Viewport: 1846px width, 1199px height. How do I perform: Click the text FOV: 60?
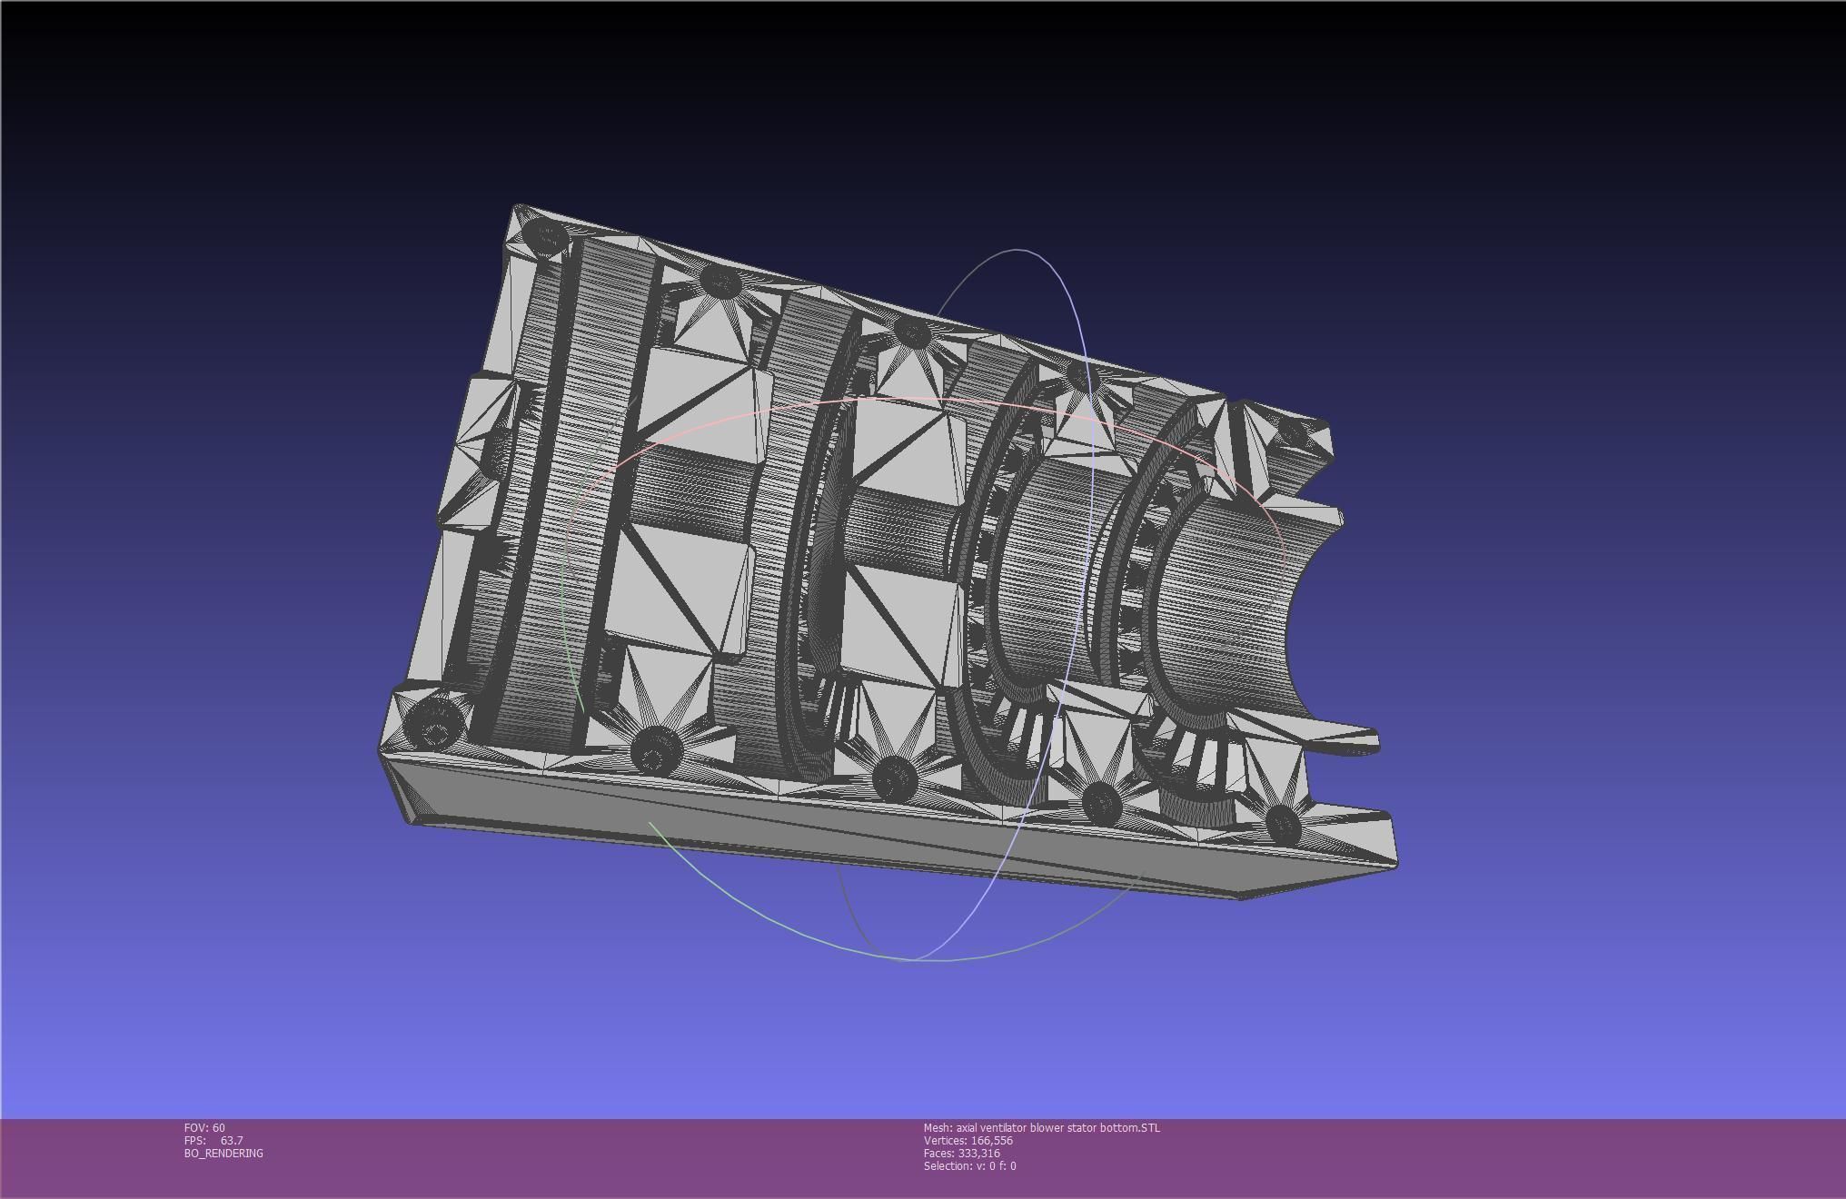coord(204,1127)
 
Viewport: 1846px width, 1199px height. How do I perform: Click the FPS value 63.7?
coord(232,1140)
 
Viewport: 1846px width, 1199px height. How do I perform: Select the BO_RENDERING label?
coord(223,1153)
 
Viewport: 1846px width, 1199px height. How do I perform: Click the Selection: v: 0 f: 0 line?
coord(969,1165)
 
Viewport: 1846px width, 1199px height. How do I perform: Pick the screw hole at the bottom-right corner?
coord(1282,823)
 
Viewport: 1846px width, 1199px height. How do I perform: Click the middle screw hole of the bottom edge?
coord(895,778)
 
